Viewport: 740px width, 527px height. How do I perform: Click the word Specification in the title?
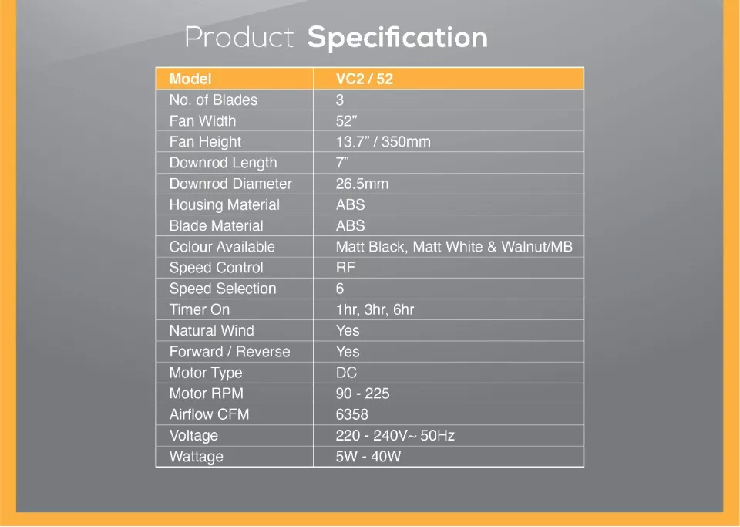pyautogui.click(x=398, y=39)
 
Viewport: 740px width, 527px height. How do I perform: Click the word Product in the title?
pyautogui.click(x=239, y=37)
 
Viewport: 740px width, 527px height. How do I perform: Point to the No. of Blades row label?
pyautogui.click(x=214, y=100)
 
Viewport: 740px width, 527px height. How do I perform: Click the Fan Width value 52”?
pyautogui.click(x=346, y=121)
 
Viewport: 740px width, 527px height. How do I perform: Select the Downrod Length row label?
pyautogui.click(x=224, y=163)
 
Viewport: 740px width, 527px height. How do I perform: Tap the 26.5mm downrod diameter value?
pyautogui.click(x=362, y=184)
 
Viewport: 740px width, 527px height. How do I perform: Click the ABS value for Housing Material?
pyautogui.click(x=350, y=204)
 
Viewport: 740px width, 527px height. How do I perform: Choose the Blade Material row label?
pyautogui.click(x=216, y=226)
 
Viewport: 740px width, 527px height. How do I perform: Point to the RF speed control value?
pyautogui.click(x=345, y=267)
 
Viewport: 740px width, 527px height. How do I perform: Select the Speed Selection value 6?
pyautogui.click(x=340, y=289)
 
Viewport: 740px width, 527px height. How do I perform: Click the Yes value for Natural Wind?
pyautogui.click(x=348, y=330)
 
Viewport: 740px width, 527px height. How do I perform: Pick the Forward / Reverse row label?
pyautogui.click(x=230, y=352)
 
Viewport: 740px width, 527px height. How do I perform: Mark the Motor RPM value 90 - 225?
pyautogui.click(x=363, y=394)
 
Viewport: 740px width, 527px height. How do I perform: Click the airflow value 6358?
pyautogui.click(x=352, y=414)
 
